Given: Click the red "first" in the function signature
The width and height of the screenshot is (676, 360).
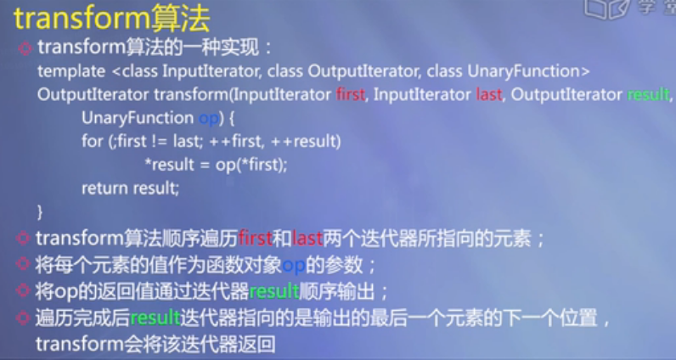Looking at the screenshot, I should pos(350,94).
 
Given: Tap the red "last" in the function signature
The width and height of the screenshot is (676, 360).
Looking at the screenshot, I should pos(489,94).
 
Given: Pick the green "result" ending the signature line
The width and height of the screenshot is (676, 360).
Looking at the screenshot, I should pos(648,94).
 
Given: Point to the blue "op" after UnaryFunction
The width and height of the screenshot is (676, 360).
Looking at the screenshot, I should pos(207,118).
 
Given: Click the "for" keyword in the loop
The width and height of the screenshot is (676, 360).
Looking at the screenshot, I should pos(91,141).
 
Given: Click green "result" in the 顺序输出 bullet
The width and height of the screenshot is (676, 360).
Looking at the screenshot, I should pos(273,291).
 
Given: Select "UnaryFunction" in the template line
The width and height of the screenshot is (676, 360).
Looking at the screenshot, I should pos(531,70).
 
